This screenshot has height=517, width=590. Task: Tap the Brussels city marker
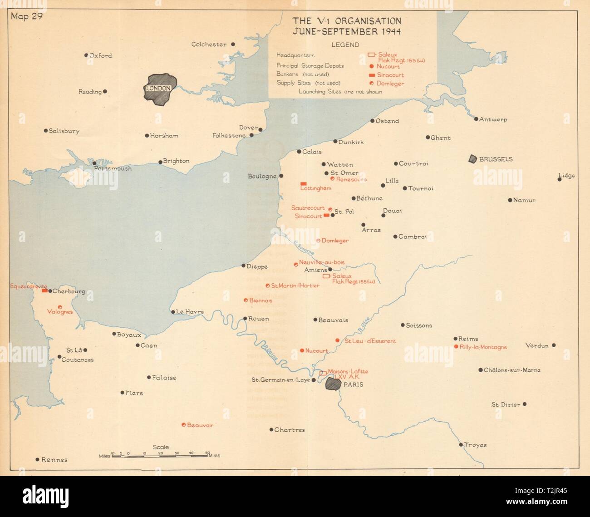473,159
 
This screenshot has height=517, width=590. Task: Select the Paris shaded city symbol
334,384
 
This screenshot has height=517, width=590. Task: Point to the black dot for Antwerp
476,119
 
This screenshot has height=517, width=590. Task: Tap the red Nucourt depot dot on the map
302,350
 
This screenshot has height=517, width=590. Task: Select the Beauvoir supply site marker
183,425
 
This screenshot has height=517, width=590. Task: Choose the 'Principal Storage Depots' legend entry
310,66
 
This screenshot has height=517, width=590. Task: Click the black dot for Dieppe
243,266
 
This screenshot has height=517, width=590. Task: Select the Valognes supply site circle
60,307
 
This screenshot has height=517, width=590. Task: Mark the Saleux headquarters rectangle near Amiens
325,276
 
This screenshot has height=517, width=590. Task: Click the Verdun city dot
554,345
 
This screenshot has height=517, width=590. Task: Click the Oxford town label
100,56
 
